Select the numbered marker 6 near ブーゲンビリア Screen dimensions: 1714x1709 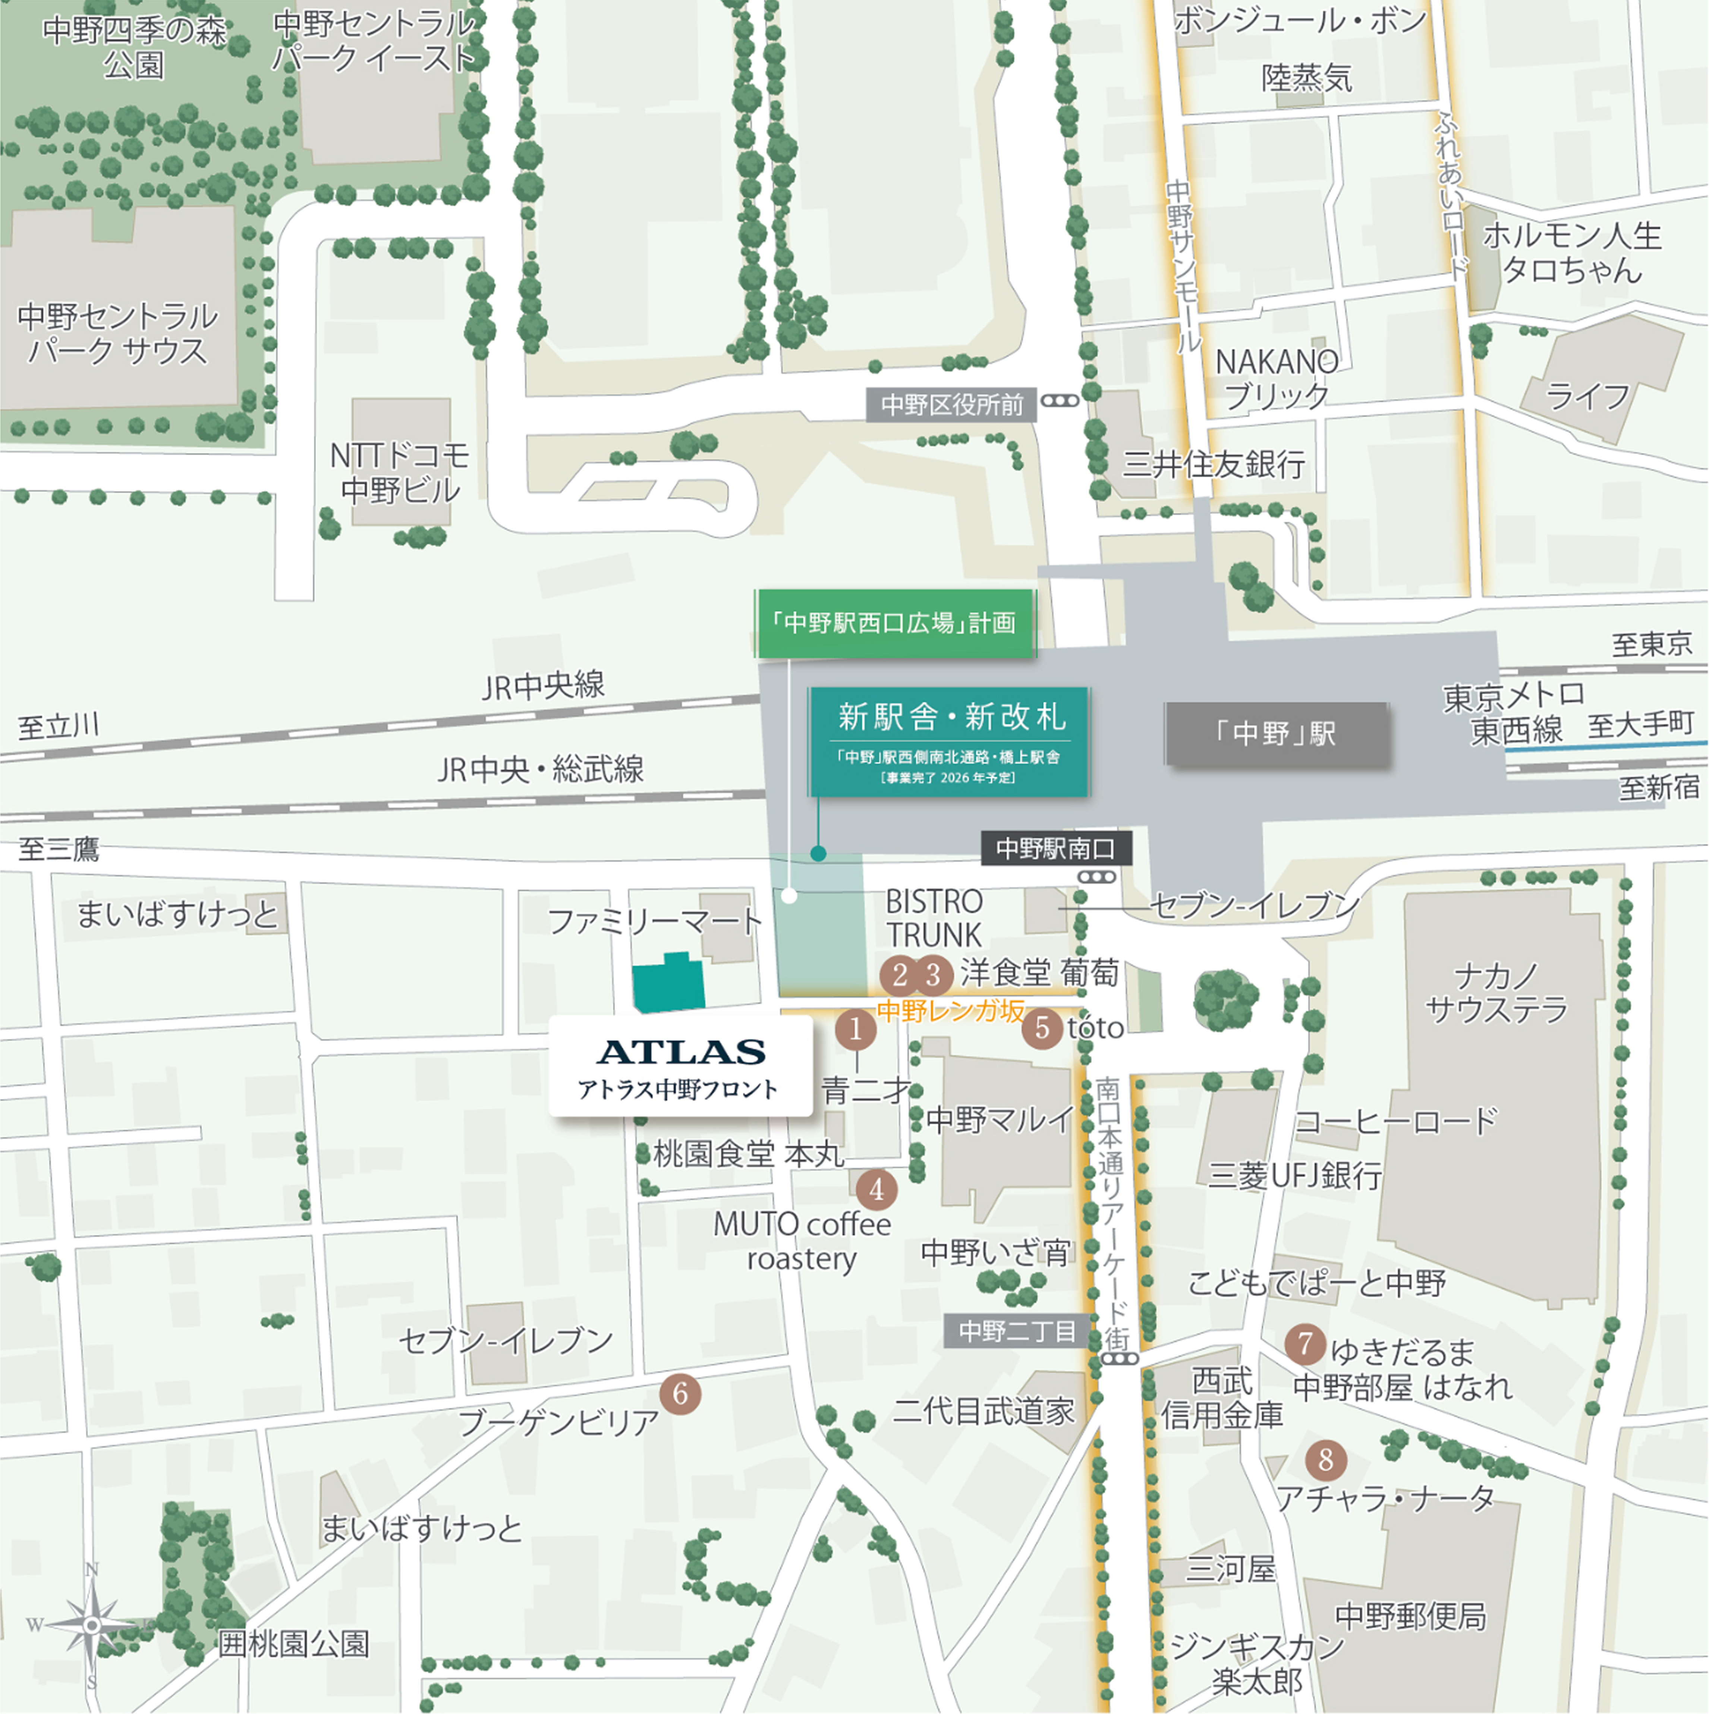[x=681, y=1394]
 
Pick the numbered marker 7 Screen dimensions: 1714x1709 [x=1304, y=1344]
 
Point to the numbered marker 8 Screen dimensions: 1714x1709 [x=1326, y=1459]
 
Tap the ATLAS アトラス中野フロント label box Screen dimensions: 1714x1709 [x=681, y=1065]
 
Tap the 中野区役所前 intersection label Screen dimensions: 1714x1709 [x=951, y=406]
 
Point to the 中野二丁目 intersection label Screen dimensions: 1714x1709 [x=1017, y=1331]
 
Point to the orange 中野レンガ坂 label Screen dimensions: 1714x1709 [x=950, y=1011]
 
